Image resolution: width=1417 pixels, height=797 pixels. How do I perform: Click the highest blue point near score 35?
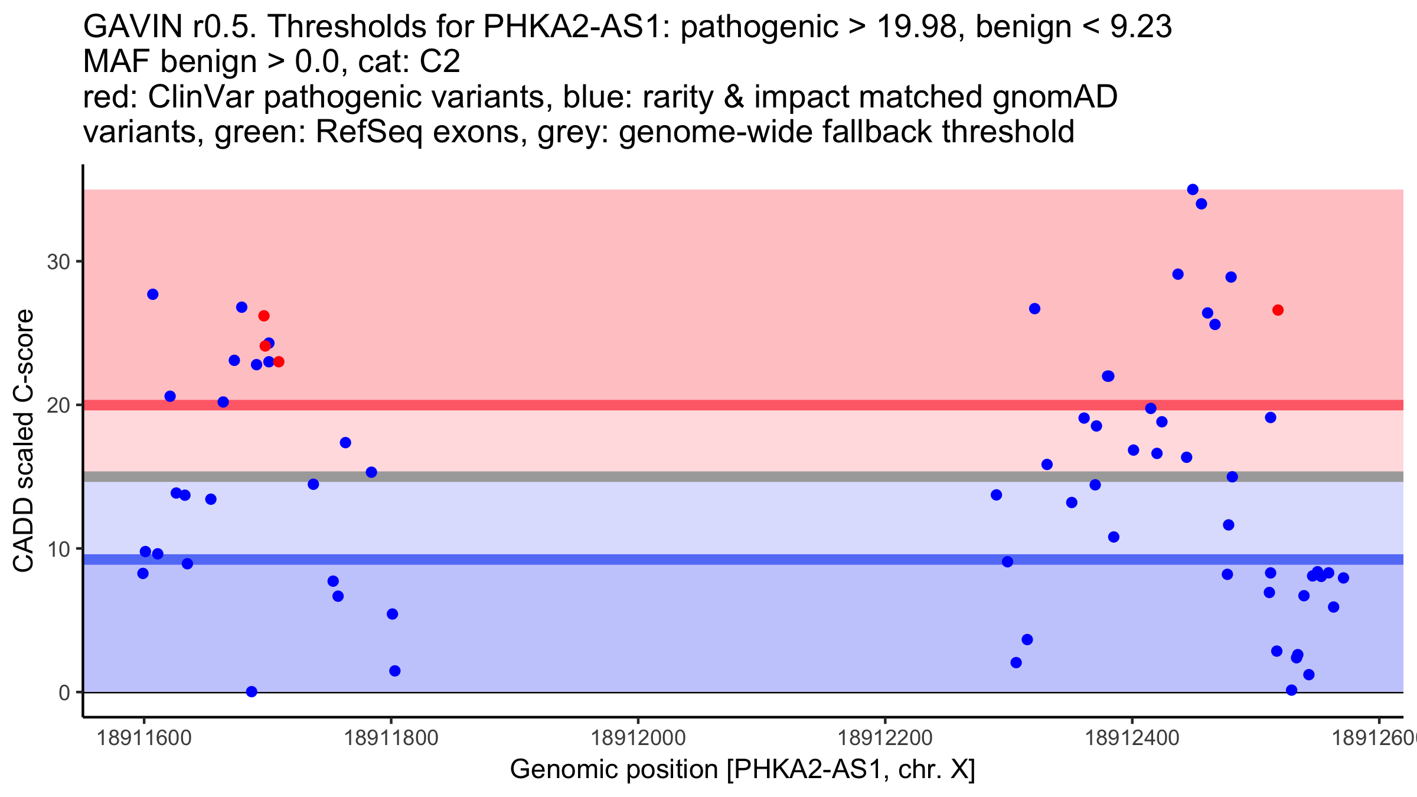tap(1193, 190)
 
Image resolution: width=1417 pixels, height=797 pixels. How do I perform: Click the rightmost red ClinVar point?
tap(1278, 310)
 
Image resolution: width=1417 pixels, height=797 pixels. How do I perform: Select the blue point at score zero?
tap(252, 691)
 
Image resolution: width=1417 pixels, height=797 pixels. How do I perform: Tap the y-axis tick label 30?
tap(58, 262)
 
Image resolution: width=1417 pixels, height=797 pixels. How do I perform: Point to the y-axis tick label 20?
tap(58, 405)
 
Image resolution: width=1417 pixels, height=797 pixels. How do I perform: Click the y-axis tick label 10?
tap(58, 549)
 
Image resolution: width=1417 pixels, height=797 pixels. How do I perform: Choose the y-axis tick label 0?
tap(64, 693)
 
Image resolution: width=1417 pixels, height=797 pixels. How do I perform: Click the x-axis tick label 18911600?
tap(143, 738)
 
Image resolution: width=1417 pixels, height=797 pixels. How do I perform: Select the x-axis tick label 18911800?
tap(390, 738)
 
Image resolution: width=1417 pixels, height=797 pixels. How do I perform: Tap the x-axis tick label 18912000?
tap(638, 738)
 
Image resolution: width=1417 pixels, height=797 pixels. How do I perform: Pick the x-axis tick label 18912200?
tap(884, 738)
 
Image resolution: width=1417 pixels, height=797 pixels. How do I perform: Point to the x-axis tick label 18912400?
tap(1132, 738)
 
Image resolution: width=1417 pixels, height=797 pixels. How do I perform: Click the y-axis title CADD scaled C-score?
tap(24, 441)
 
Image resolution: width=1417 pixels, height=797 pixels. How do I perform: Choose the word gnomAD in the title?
tap(1054, 97)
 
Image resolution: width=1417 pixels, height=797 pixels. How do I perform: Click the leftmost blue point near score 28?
tap(153, 294)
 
